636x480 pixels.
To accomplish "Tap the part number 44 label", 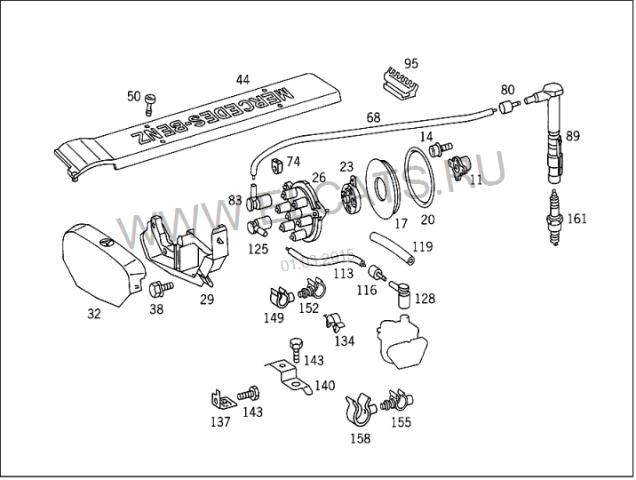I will [x=242, y=79].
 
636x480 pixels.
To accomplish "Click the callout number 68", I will [x=373, y=117].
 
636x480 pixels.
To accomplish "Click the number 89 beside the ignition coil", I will [x=573, y=136].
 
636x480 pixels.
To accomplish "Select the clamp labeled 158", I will [x=358, y=409].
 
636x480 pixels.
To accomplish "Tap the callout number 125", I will [x=258, y=249].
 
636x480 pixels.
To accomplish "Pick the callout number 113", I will [x=343, y=273].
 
